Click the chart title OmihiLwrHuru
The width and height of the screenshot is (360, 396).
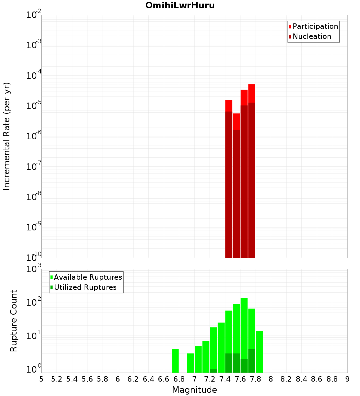pos(180,5)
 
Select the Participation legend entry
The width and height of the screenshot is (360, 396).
pos(315,26)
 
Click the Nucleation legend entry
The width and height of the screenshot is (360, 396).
pos(312,36)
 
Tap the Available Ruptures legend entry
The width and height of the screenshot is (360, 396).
pos(88,277)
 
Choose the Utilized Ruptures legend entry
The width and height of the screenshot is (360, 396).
pos(85,287)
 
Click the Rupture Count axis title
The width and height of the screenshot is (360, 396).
pos(14,321)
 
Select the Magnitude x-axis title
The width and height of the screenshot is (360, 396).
pos(194,390)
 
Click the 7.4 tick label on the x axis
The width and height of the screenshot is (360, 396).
pos(225,379)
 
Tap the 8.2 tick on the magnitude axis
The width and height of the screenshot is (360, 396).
pos(286,379)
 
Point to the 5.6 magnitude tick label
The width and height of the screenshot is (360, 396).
pos(87,379)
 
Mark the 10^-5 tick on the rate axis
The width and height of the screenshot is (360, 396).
pos(33,106)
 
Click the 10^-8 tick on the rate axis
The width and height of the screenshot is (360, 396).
pos(33,197)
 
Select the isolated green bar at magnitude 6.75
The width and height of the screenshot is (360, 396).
pos(175,361)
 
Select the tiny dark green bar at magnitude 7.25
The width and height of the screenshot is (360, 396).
pos(213,371)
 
